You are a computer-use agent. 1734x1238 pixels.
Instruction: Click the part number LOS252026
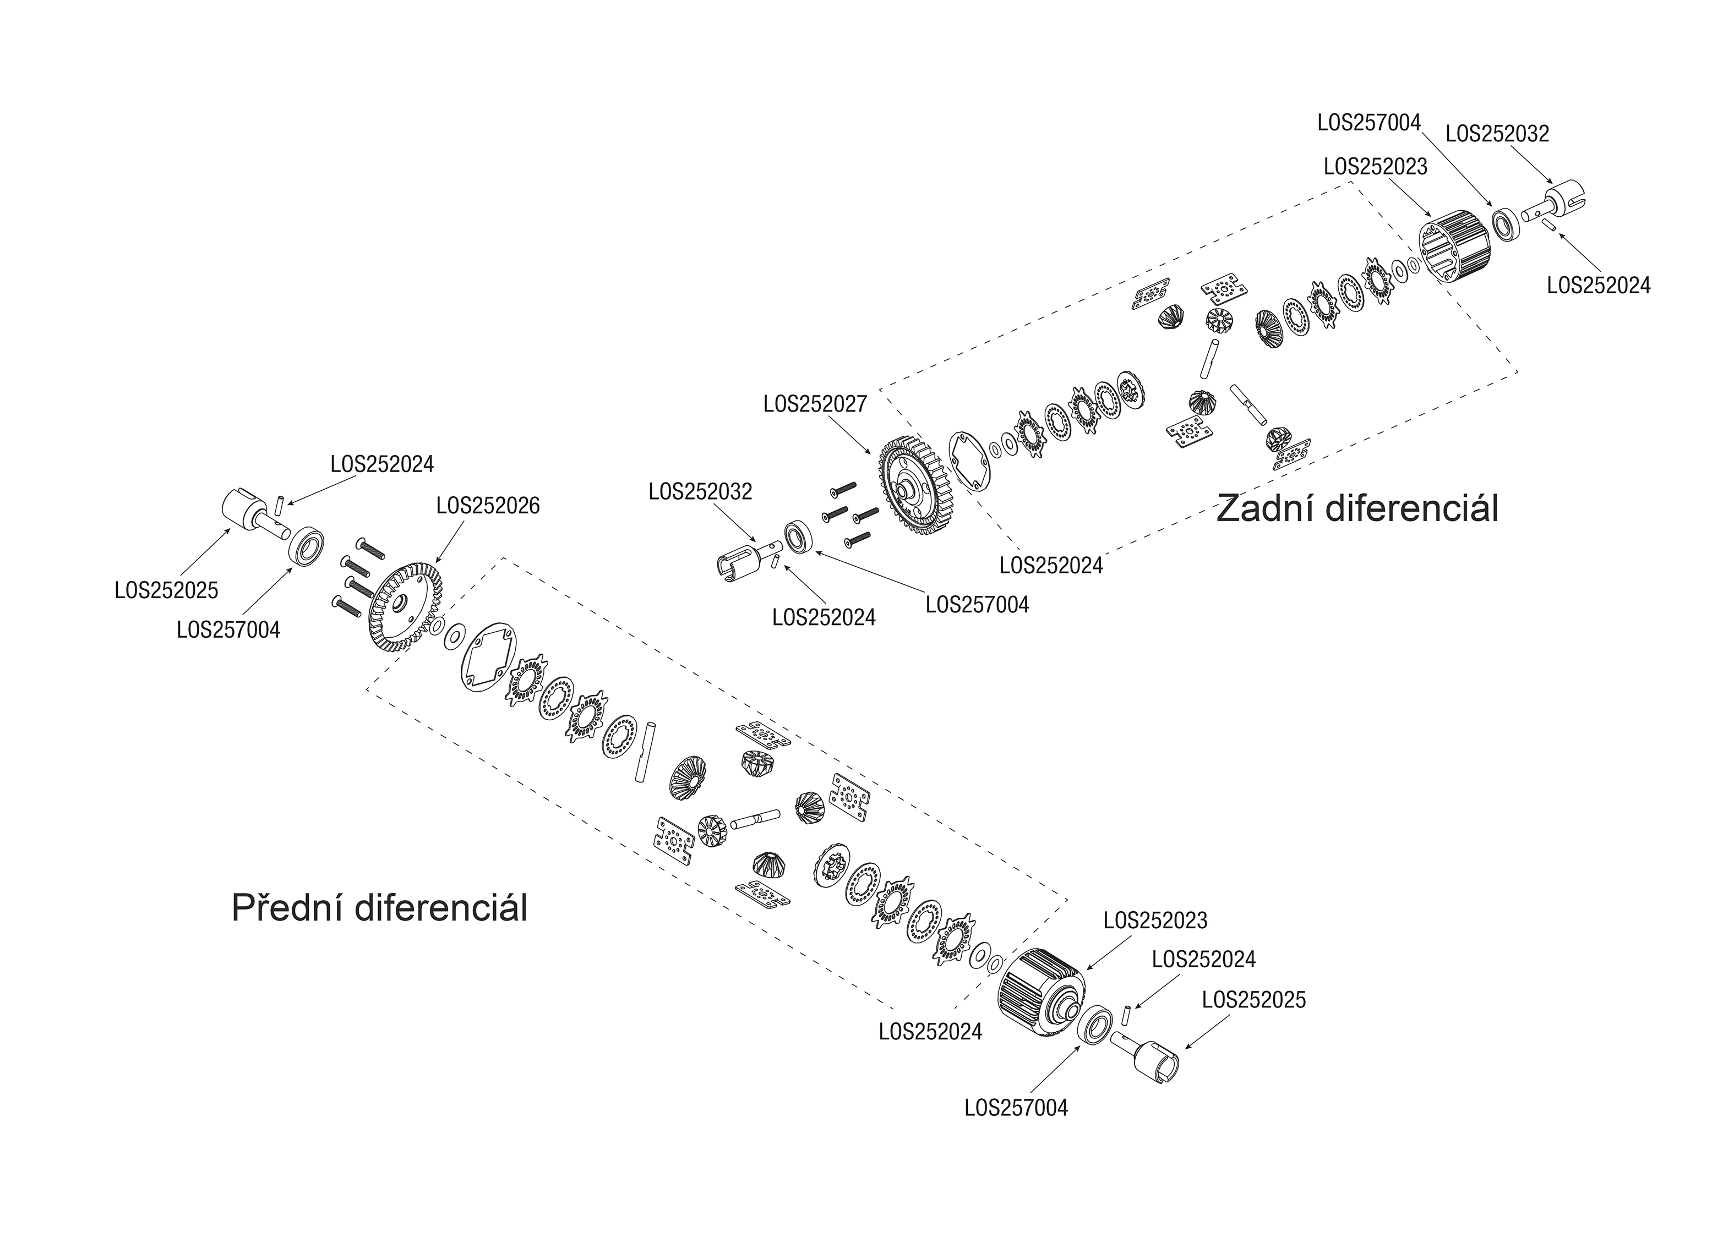click(x=488, y=506)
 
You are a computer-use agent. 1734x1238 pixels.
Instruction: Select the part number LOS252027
click(x=815, y=404)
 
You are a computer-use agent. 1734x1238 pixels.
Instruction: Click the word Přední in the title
click(x=286, y=908)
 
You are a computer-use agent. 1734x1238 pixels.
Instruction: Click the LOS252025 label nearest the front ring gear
click(x=166, y=590)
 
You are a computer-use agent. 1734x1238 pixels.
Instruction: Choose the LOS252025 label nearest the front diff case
click(x=1253, y=999)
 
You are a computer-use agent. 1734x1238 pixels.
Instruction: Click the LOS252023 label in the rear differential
click(x=1376, y=167)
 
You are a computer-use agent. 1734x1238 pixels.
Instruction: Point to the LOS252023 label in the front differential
click(x=1155, y=921)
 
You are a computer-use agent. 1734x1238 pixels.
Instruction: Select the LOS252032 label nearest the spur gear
click(x=700, y=492)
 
